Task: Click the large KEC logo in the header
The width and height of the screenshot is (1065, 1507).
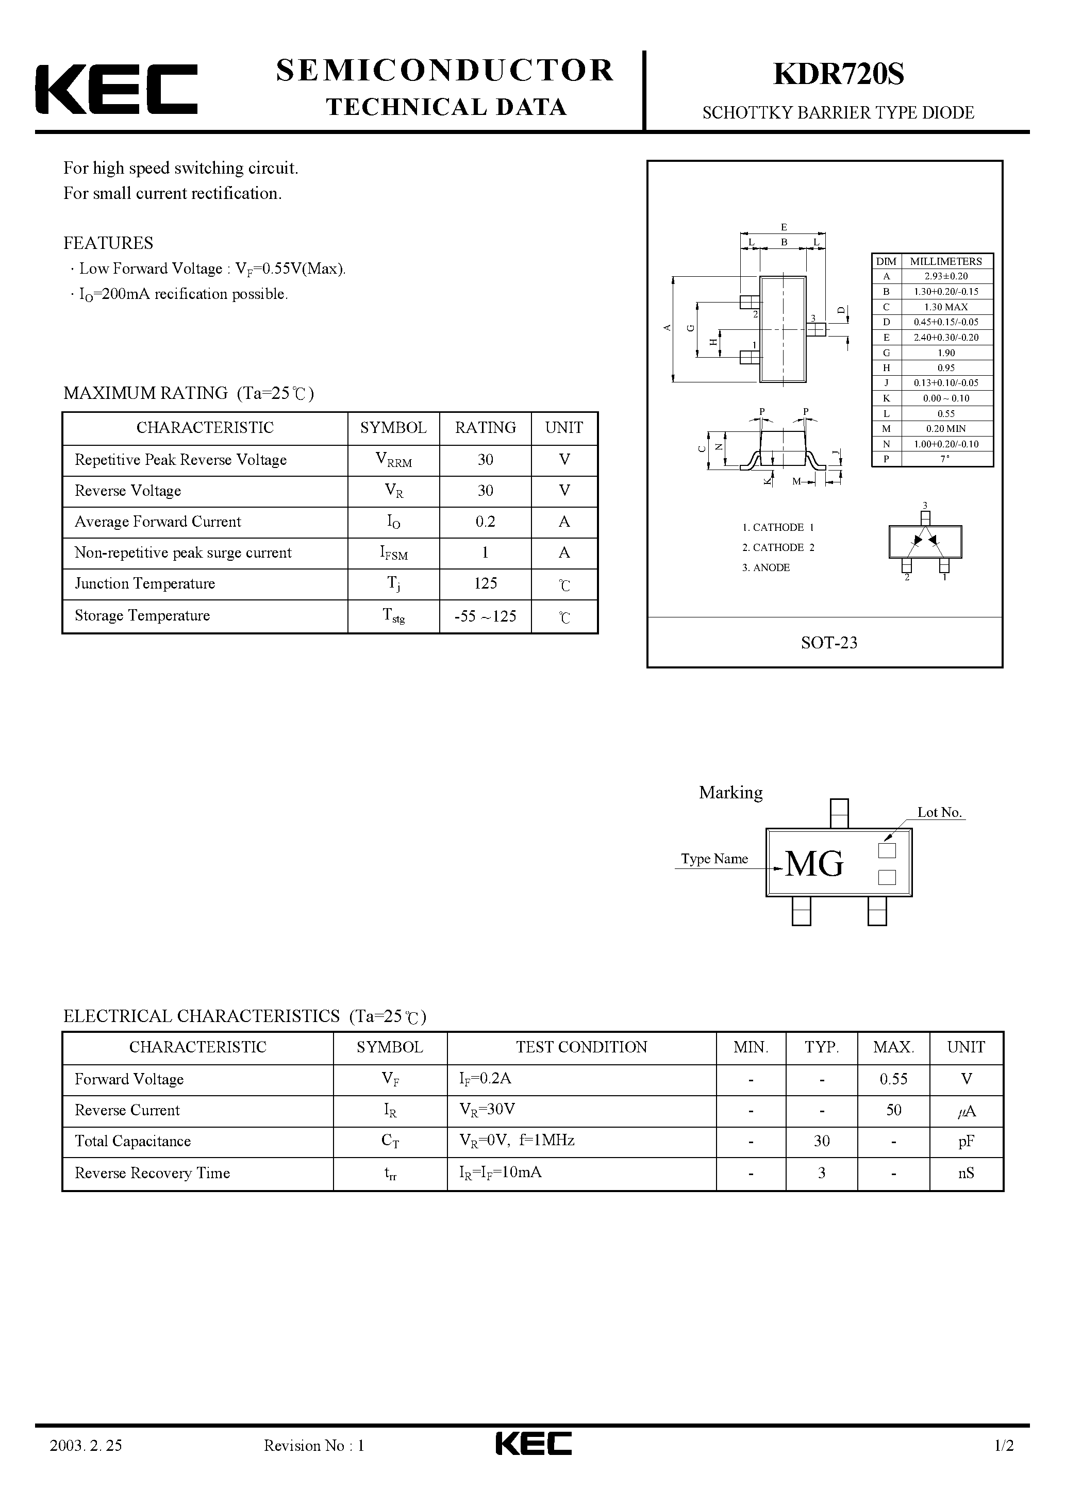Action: [x=116, y=89]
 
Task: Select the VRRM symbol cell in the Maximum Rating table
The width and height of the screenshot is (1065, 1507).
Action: [x=393, y=460]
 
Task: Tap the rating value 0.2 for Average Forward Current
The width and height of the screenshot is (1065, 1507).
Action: [x=485, y=522]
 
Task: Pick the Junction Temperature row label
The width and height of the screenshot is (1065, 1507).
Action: [x=144, y=583]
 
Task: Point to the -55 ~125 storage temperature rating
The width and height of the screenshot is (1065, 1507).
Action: [x=485, y=616]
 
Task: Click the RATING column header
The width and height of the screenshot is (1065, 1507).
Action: [x=485, y=428]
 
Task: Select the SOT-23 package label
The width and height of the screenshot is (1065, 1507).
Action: [x=828, y=643]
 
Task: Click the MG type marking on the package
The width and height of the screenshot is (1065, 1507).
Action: [x=814, y=864]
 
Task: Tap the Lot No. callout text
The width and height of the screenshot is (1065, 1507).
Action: [x=939, y=813]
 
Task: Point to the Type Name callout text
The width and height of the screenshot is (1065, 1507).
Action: [x=714, y=859]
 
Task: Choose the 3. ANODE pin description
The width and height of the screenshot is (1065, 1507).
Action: [x=766, y=568]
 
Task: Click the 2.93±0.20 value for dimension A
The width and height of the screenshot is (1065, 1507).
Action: [x=945, y=276]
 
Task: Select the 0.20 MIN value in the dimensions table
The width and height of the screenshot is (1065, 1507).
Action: [x=945, y=429]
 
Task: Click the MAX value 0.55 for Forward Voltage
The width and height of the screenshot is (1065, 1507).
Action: [x=893, y=1079]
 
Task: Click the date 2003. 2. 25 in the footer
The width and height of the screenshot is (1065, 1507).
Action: [x=86, y=1464]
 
